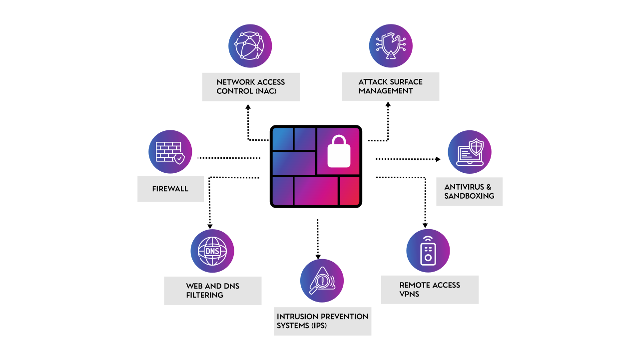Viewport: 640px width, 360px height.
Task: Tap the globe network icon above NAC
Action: pos(250,45)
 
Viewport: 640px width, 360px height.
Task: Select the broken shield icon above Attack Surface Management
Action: pos(391,45)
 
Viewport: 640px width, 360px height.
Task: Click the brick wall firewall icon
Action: pos(170,152)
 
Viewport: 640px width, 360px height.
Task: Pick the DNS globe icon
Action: pos(212,251)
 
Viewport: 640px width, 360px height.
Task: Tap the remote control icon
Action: pos(428,251)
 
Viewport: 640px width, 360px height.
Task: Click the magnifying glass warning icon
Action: pos(322,281)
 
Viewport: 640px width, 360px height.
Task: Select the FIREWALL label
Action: pos(170,189)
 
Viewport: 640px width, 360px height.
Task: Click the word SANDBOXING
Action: pos(469,196)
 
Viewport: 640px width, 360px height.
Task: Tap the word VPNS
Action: pos(409,294)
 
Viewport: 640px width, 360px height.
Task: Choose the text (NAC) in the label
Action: pos(266,91)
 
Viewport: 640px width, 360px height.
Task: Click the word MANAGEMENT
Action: pos(386,91)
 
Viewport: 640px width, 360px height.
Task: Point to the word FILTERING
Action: pos(204,295)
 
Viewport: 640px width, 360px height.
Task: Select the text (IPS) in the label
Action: pos(319,326)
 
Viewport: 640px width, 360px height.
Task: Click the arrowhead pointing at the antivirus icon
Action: pos(438,159)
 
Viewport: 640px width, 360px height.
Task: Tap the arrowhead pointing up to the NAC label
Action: pos(248,107)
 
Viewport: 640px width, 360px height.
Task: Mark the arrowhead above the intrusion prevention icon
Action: pos(318,257)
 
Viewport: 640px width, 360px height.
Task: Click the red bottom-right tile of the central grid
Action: pos(349,191)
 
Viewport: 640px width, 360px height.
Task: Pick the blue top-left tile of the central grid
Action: pos(283,139)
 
